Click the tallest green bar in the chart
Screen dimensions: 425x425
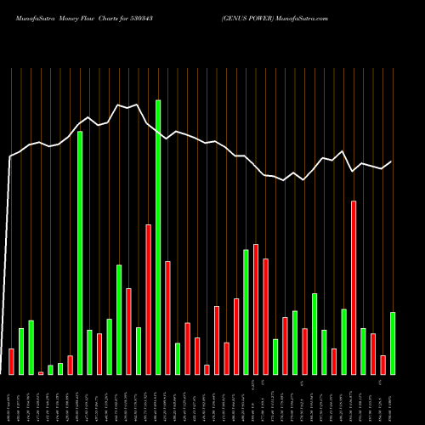click(x=158, y=237)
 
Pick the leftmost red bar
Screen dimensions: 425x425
click(x=11, y=361)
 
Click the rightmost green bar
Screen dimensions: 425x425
click(x=393, y=343)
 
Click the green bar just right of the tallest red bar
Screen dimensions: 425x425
click(x=363, y=351)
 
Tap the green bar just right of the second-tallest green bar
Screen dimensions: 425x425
click(x=89, y=352)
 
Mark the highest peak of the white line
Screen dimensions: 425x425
click(x=119, y=105)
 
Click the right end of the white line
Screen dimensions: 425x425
click(x=392, y=161)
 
